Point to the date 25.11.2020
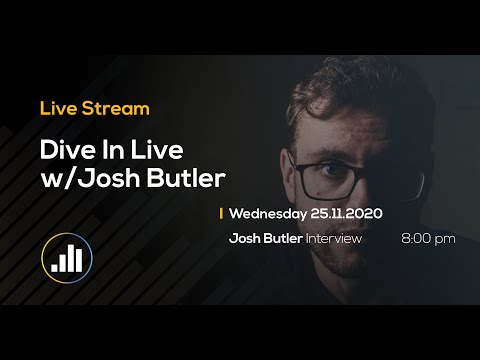(346, 213)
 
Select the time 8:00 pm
(428, 238)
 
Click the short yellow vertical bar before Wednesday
(220, 213)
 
